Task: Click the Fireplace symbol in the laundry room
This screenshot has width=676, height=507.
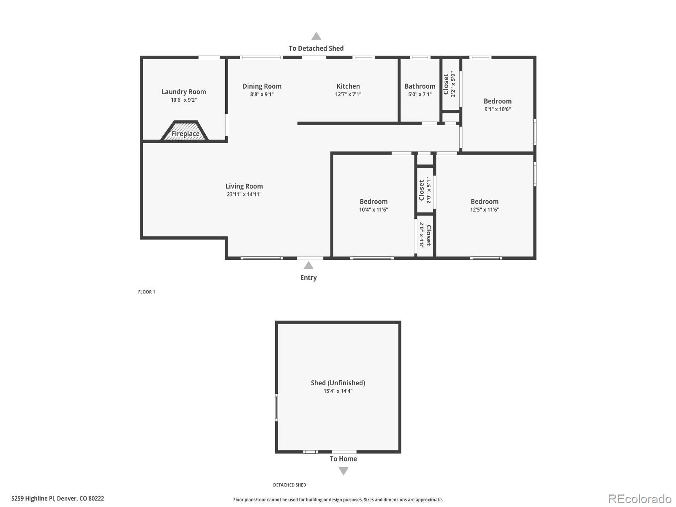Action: point(185,131)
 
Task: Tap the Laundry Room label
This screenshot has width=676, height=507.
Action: point(184,92)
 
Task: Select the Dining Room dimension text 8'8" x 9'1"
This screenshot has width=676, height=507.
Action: point(262,95)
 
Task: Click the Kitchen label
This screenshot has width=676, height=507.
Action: point(348,86)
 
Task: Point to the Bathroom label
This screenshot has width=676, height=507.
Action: point(420,86)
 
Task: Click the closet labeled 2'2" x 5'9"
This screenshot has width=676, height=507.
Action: point(450,84)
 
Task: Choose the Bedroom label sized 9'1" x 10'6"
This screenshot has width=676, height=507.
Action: point(497,101)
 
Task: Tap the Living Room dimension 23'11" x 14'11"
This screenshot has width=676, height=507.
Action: point(244,194)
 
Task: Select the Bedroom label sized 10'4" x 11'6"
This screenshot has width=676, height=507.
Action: point(373,202)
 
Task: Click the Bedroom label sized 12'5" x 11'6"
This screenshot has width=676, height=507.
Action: point(484,202)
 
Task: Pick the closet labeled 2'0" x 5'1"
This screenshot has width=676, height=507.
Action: point(425,190)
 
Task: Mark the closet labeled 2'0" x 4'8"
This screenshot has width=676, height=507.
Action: point(425,236)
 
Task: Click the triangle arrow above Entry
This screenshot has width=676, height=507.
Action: point(308,265)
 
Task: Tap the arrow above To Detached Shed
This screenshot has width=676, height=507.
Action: point(316,36)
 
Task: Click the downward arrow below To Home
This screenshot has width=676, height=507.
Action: point(343,471)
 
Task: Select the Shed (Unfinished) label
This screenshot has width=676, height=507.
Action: point(338,383)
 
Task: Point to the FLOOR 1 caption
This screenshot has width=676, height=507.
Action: point(147,292)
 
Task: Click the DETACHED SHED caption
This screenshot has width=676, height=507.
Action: point(289,485)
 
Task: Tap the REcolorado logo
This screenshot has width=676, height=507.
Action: point(639,499)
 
